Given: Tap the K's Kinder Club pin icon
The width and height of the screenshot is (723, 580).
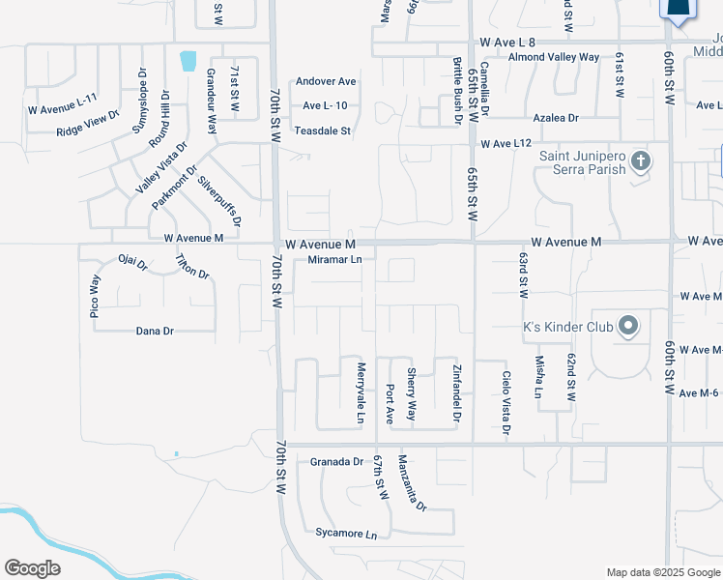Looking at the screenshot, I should point(628,326).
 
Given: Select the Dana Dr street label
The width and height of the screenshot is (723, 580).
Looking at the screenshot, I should point(155,331).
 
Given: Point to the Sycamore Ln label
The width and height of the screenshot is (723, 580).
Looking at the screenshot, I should point(345,533).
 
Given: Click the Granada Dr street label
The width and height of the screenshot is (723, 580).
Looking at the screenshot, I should point(336,462).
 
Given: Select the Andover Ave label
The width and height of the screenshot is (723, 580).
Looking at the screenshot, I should point(327,81).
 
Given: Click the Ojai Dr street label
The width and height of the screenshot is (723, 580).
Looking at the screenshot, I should point(132,262).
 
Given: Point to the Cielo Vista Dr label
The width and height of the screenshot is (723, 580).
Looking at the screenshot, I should point(506,401).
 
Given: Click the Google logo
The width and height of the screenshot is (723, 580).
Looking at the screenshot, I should point(32,568).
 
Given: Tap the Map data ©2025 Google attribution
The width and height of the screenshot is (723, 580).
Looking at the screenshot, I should point(662,572).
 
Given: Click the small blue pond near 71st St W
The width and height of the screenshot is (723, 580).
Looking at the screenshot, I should point(188,61).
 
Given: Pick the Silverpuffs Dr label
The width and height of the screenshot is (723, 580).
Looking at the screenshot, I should point(219,200).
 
